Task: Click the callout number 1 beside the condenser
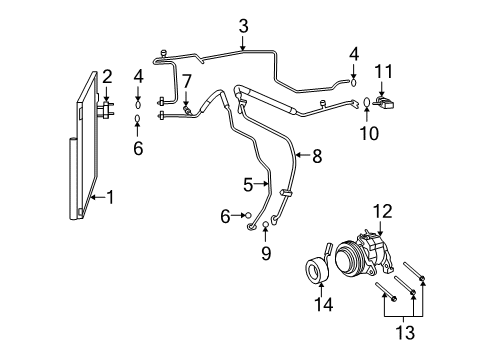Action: pyautogui.click(x=110, y=197)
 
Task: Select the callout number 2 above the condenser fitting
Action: pyautogui.click(x=107, y=77)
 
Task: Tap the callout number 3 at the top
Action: pyautogui.click(x=243, y=27)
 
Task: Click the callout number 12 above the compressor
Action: pyautogui.click(x=383, y=211)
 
